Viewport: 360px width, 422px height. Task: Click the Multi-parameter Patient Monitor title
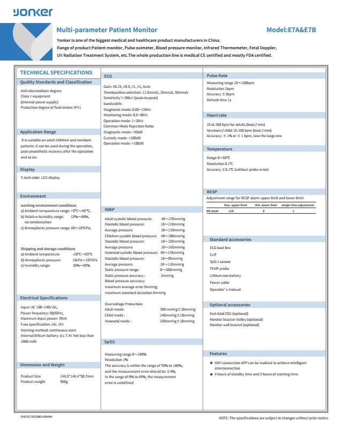pos(107,30)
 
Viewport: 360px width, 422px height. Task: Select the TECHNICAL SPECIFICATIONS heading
pos(56,72)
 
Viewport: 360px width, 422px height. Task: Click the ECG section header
pos(108,77)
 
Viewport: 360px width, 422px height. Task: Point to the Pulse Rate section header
pos(217,76)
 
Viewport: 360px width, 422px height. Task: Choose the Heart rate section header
pos(216,115)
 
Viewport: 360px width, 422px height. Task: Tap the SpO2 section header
pos(109,341)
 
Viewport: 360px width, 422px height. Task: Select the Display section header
pos(27,169)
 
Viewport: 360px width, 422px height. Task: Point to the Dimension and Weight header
pos(42,365)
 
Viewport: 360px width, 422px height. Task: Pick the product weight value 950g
pos(64,382)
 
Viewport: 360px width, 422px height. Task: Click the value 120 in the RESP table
pos(231,211)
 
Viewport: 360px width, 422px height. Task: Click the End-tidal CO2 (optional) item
pos(229,313)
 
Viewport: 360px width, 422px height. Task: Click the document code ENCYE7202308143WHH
pos(36,416)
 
